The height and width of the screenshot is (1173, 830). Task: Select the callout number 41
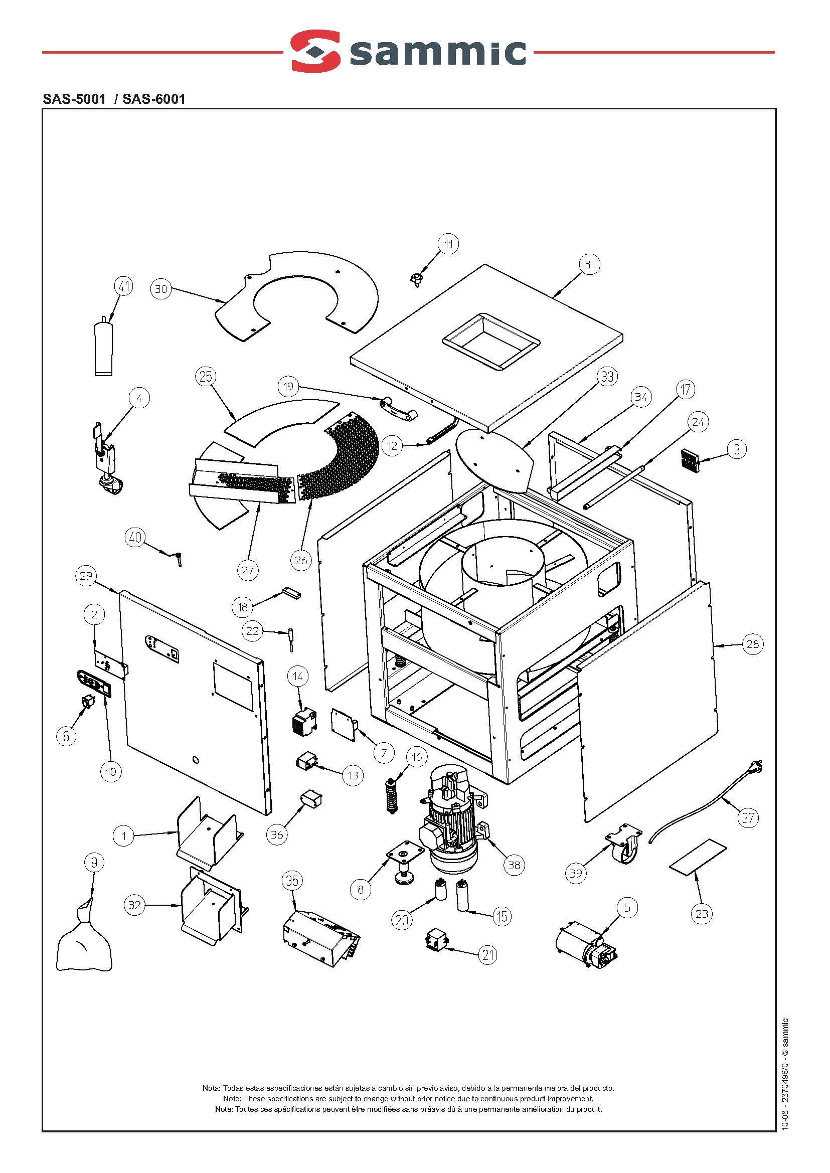[124, 286]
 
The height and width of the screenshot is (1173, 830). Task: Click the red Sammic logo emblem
[315, 50]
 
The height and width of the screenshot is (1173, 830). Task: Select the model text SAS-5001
[74, 99]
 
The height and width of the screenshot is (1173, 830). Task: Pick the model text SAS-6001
[154, 99]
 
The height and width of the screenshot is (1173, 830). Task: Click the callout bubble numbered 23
[701, 913]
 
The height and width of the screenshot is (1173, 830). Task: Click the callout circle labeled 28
[752, 644]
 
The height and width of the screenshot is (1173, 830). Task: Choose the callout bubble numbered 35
[292, 880]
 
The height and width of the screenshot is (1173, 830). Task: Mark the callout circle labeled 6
[66, 736]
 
